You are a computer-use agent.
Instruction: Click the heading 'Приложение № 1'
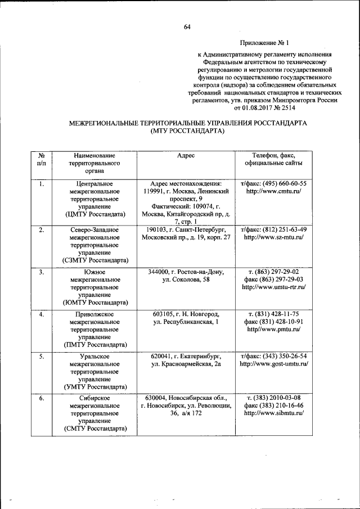[264, 43]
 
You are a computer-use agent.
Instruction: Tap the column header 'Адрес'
[186, 155]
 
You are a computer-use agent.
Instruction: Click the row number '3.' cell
[42, 272]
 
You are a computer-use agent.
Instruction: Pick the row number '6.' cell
[42, 398]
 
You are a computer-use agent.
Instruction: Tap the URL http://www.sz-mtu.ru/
[273, 237]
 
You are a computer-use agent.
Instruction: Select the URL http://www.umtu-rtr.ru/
[273, 287]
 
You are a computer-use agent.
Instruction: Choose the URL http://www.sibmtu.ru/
[273, 413]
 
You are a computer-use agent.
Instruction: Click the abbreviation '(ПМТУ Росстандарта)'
[94, 345]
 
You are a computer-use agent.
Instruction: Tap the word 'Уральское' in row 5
[94, 357]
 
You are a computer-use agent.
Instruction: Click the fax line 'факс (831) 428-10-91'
[273, 322]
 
